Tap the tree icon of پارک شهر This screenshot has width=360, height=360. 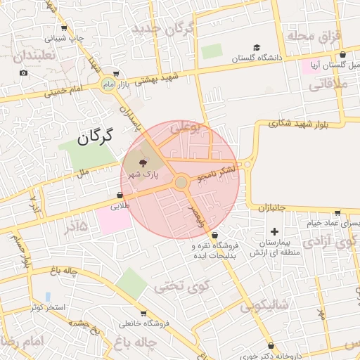coord(135,162)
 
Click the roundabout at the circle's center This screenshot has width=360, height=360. coord(181,182)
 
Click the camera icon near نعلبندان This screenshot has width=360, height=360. coord(24,72)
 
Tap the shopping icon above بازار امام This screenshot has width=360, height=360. coord(115,72)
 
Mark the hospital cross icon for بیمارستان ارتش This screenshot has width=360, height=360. coord(274,231)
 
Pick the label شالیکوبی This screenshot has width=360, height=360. coord(264,306)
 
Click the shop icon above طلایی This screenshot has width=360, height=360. coord(120,195)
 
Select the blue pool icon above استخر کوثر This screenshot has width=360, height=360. coord(48,296)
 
